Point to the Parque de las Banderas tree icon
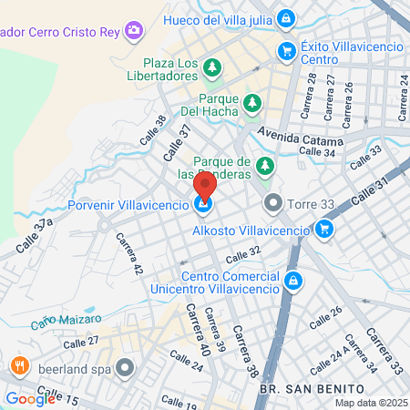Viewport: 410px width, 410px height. point(265,167)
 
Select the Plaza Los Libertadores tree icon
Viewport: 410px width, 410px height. point(212,67)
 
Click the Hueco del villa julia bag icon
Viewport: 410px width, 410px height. point(287,18)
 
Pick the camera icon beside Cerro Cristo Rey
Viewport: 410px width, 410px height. point(136,30)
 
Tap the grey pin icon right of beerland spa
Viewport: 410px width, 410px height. point(125,368)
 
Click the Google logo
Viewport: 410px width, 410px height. point(30,397)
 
